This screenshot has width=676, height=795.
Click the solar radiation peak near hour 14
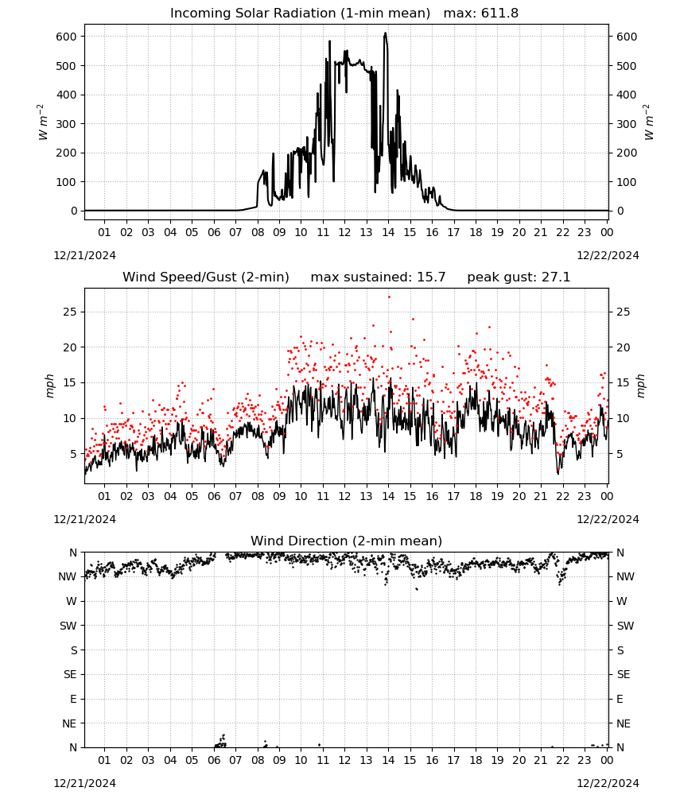[386, 33]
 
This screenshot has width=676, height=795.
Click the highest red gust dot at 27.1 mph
[389, 297]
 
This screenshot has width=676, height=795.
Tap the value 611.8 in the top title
[499, 14]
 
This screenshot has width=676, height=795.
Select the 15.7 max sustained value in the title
[431, 277]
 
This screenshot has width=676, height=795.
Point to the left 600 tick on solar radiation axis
[67, 37]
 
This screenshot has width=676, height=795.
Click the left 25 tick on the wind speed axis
[70, 312]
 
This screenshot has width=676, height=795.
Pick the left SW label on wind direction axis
[68, 626]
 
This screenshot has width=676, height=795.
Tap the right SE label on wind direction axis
[624, 674]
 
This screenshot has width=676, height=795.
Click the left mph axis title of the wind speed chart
[49, 386]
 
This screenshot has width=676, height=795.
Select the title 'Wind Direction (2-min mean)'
[347, 541]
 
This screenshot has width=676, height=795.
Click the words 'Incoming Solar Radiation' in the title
[253, 14]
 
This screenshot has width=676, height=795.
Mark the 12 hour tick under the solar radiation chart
[344, 232]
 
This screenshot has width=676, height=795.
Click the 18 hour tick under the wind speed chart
[476, 496]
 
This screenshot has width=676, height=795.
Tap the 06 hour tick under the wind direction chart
[214, 760]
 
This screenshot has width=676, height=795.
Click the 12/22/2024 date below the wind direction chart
[608, 783]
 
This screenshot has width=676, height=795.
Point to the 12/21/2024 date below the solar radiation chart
[84, 255]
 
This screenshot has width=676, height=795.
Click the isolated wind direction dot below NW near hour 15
[417, 589]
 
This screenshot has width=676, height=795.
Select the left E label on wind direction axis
[73, 699]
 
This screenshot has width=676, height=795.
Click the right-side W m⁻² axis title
[649, 122]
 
